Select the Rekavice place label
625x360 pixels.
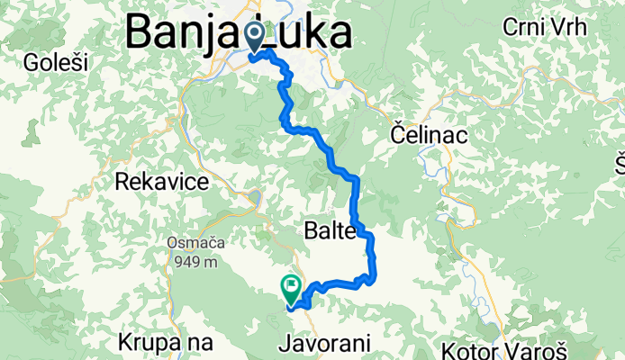[162, 182]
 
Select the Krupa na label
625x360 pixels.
[165, 343]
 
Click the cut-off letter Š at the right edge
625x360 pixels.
[620, 164]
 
